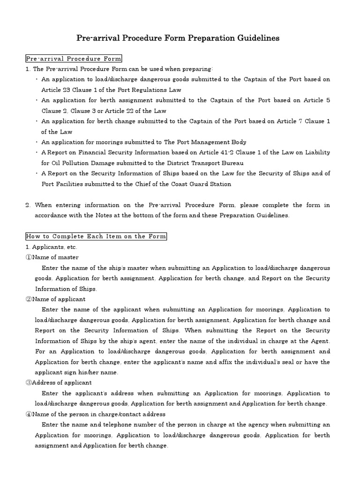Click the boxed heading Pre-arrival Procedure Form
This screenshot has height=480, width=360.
click(x=73, y=59)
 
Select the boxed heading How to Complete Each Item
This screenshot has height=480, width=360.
click(x=96, y=236)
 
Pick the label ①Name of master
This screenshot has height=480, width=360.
click(x=52, y=257)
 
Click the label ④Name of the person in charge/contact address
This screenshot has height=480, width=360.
click(x=95, y=414)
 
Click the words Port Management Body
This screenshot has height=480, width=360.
click(x=213, y=142)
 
